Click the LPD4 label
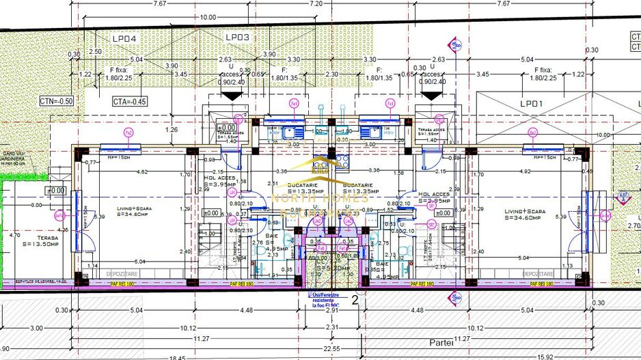coord(124,38)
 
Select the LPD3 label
coord(237,37)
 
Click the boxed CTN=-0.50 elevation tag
coord(56,101)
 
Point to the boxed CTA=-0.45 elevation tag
coord(130,102)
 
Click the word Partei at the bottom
coord(441,343)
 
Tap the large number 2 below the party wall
coord(355,299)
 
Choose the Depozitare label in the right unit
coord(538,274)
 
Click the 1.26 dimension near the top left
coord(172,130)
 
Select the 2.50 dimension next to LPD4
coord(95,52)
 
